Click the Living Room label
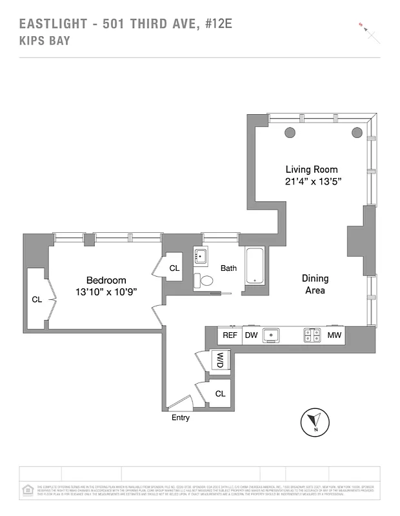point(312,169)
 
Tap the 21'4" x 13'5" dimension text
point(313,182)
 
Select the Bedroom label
point(106,280)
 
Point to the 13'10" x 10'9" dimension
point(106,292)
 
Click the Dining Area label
point(315,284)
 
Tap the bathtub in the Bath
point(255,266)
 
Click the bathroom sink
point(201,256)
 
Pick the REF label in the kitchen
point(230,335)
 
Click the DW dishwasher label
point(251,335)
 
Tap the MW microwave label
point(334,335)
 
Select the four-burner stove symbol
point(312,335)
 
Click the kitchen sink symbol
point(274,335)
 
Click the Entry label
point(181,417)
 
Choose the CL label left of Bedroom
point(37,299)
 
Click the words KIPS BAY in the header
point(45,41)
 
